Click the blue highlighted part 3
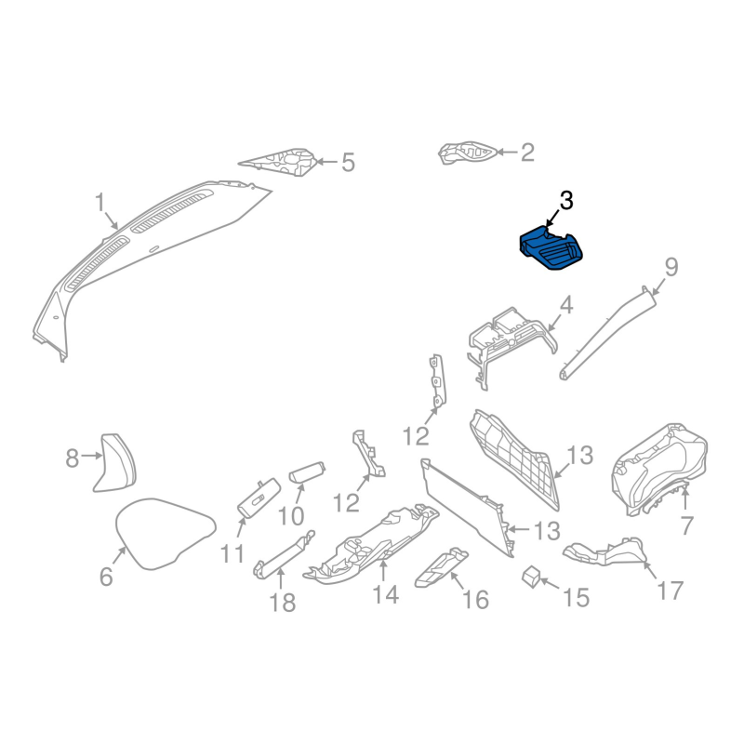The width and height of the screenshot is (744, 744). click(551, 247)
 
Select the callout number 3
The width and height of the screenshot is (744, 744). click(566, 201)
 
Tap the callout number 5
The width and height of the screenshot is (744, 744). click(348, 162)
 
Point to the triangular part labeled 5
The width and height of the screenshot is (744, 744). click(279, 161)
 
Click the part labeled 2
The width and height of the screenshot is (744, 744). click(468, 153)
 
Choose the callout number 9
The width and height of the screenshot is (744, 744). click(671, 268)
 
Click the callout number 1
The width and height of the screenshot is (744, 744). click(100, 202)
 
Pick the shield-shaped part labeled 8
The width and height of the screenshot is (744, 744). click(115, 462)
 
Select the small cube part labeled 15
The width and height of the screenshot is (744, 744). click(531, 576)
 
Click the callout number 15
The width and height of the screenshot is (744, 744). click(576, 597)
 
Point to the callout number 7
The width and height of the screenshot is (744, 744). click(686, 525)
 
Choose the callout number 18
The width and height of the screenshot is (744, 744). click(283, 603)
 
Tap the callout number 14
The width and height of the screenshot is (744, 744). click(385, 594)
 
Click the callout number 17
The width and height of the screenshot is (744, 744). click(670, 591)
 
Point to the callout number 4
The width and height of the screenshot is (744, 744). click(566, 305)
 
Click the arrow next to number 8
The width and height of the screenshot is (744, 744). click(91, 456)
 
